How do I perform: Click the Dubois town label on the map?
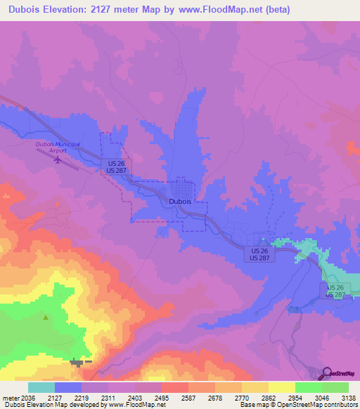[180, 201]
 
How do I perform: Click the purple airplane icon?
[58, 159]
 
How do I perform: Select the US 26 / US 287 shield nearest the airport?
[117, 166]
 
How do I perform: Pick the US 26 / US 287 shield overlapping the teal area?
[336, 291]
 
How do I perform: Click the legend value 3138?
[348, 397]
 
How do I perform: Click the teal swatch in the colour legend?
[41, 387]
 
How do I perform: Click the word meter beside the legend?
[8, 397]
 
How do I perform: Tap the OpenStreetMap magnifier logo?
[327, 373]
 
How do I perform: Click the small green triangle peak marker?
[46, 318]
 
